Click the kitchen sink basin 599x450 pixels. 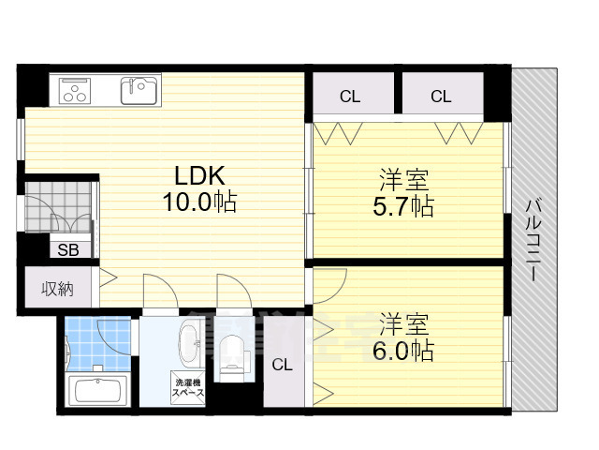(x=139, y=91)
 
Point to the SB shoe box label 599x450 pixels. (x=69, y=249)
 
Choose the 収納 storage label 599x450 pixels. (x=57, y=288)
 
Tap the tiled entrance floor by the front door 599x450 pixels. (x=58, y=205)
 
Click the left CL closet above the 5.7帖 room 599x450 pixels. (x=350, y=96)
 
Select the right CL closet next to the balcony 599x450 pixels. (x=441, y=96)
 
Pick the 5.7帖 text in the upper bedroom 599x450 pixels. (x=405, y=205)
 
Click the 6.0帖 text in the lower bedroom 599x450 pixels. (x=405, y=351)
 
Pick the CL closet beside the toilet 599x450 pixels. (x=283, y=365)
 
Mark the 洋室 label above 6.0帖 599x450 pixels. (x=404, y=324)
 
